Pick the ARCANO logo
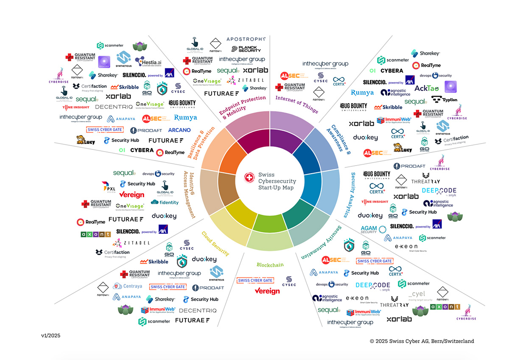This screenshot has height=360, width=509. click(x=179, y=130)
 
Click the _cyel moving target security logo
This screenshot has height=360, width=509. click(x=416, y=294)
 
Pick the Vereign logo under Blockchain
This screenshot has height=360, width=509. click(x=267, y=291)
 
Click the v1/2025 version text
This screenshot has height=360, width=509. click(x=50, y=335)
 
